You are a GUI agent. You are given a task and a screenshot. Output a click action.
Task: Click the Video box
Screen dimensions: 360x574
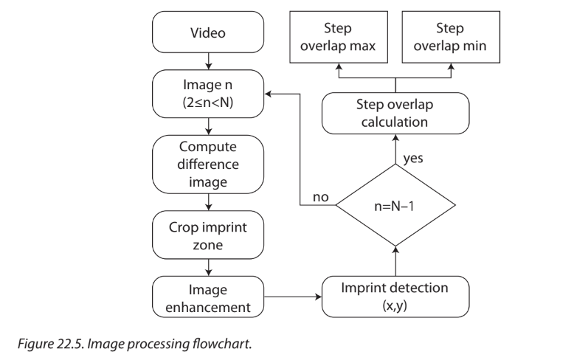(209, 34)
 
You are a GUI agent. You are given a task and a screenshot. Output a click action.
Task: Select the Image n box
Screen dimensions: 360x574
(209, 94)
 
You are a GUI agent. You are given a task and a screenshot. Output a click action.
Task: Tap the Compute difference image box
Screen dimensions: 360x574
(209, 162)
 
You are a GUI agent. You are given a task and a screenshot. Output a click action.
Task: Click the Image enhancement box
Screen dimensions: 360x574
(209, 297)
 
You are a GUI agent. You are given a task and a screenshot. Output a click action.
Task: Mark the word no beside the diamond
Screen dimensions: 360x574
(320, 198)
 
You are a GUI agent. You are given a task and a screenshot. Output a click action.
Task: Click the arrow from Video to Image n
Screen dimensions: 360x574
(209, 60)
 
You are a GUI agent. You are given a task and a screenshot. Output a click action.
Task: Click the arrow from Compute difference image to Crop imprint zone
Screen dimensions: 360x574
(209, 201)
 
